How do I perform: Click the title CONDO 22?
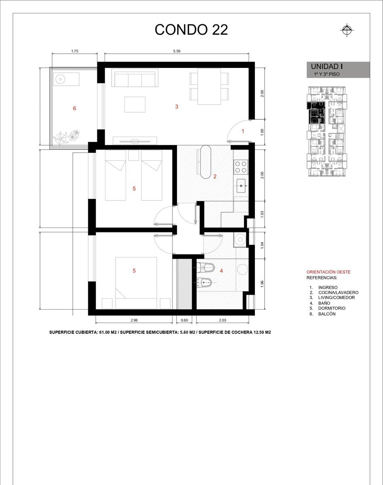click(191, 30)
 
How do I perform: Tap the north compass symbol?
click(347, 30)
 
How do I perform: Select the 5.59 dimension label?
click(177, 51)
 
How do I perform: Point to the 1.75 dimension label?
click(75, 51)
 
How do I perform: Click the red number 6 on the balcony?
click(75, 108)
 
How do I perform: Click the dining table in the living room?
click(209, 86)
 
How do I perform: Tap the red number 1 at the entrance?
click(243, 131)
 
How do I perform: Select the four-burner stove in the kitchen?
click(241, 167)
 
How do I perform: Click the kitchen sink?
click(241, 186)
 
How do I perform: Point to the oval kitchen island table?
click(206, 162)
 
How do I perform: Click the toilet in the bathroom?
click(206, 268)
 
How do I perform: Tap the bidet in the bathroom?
click(204, 282)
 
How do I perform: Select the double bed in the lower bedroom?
click(136, 283)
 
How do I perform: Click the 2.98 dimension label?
click(134, 320)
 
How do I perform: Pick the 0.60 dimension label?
click(184, 320)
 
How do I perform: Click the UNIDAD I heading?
click(327, 66)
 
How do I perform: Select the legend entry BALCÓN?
click(327, 314)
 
